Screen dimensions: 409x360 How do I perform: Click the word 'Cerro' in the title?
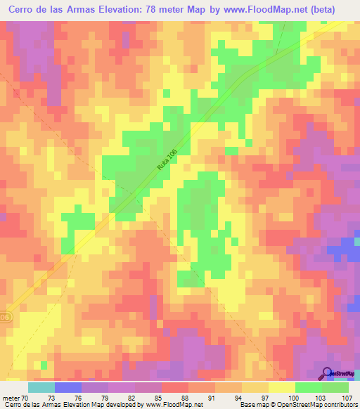tap(24, 10)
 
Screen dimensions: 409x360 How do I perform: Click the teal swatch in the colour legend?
tap(41, 387)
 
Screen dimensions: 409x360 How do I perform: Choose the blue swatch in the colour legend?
tap(68, 387)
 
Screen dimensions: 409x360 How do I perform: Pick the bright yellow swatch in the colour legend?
tap(281, 387)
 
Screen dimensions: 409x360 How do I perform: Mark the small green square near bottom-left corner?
tap(44, 365)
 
